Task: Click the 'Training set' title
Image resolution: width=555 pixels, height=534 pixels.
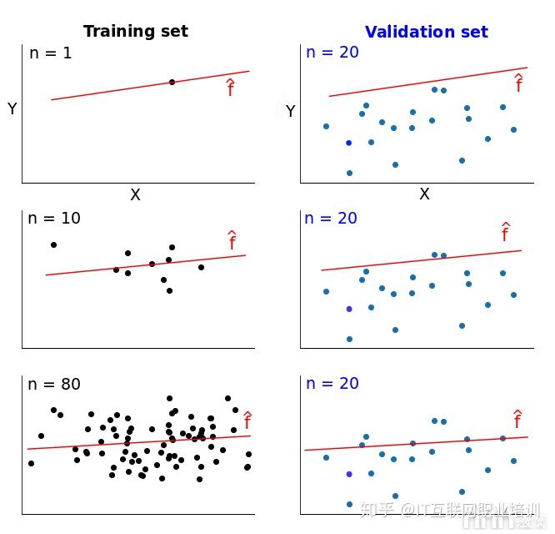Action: [135, 32]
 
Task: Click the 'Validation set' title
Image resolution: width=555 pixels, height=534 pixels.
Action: [426, 32]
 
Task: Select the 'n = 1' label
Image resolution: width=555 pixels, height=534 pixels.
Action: [51, 53]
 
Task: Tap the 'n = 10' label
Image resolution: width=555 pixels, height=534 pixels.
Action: [54, 218]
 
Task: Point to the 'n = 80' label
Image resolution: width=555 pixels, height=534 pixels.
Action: [54, 384]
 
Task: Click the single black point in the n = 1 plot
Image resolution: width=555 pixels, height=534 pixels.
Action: [172, 82]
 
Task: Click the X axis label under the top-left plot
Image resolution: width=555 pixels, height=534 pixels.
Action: [135, 194]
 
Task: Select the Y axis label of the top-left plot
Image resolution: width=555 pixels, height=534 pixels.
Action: [12, 109]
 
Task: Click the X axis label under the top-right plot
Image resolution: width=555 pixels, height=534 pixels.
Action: [424, 194]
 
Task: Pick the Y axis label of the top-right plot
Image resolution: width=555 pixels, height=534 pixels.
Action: [290, 111]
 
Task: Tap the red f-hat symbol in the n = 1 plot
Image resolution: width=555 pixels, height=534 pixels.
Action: [231, 88]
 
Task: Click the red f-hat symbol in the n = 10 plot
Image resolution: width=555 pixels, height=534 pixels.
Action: [232, 241]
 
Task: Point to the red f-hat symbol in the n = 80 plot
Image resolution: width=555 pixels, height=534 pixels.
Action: [247, 421]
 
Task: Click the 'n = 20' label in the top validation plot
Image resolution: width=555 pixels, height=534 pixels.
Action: [332, 53]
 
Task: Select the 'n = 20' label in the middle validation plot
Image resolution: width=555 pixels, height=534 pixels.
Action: [331, 218]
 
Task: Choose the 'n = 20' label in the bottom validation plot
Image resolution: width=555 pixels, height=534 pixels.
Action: [332, 384]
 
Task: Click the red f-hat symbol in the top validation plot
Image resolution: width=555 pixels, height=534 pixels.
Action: [518, 83]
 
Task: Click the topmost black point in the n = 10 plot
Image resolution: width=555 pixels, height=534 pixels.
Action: [53, 244]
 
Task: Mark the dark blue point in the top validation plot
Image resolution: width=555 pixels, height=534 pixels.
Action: [348, 143]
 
